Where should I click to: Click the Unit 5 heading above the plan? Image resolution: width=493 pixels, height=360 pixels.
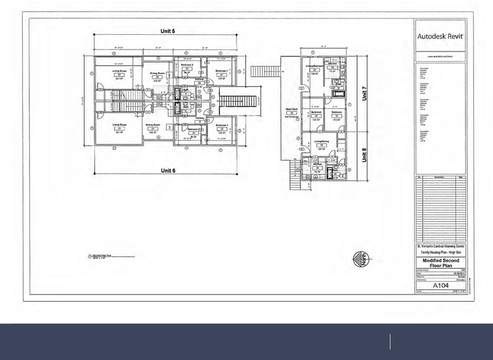165,31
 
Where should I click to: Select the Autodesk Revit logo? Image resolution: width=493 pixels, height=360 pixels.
441,36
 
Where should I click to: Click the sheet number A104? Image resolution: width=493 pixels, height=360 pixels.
441,286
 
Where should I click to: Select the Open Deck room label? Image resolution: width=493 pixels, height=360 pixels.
292,111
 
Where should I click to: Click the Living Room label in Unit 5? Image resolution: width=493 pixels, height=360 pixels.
118,72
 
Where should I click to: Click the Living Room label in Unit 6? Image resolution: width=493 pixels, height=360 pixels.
118,125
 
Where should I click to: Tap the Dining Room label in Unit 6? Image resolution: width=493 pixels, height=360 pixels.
154,125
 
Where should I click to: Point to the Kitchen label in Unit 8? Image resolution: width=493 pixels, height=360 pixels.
318,165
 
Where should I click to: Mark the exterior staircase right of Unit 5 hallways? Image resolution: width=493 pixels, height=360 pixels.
242,99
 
